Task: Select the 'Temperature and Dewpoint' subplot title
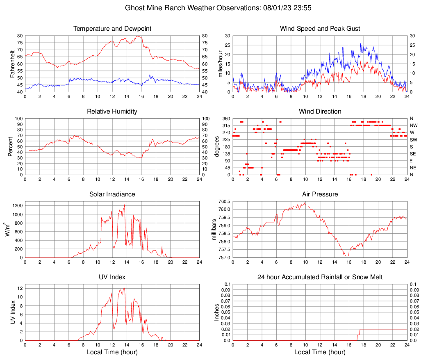(x=112, y=29)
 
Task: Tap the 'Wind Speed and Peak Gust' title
(x=320, y=29)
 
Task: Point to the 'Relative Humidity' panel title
(x=112, y=112)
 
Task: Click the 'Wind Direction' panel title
(x=320, y=112)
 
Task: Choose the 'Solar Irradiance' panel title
(x=112, y=194)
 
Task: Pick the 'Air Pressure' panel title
(x=320, y=194)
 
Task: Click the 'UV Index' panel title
(x=112, y=277)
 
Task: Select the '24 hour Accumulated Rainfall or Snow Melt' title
(x=320, y=277)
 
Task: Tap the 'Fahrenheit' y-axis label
(x=12, y=64)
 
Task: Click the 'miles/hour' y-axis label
(x=220, y=64)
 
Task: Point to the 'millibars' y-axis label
(x=214, y=229)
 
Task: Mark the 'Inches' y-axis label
(x=217, y=312)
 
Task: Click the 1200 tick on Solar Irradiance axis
(x=17, y=204)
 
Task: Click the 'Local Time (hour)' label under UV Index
(x=112, y=352)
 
